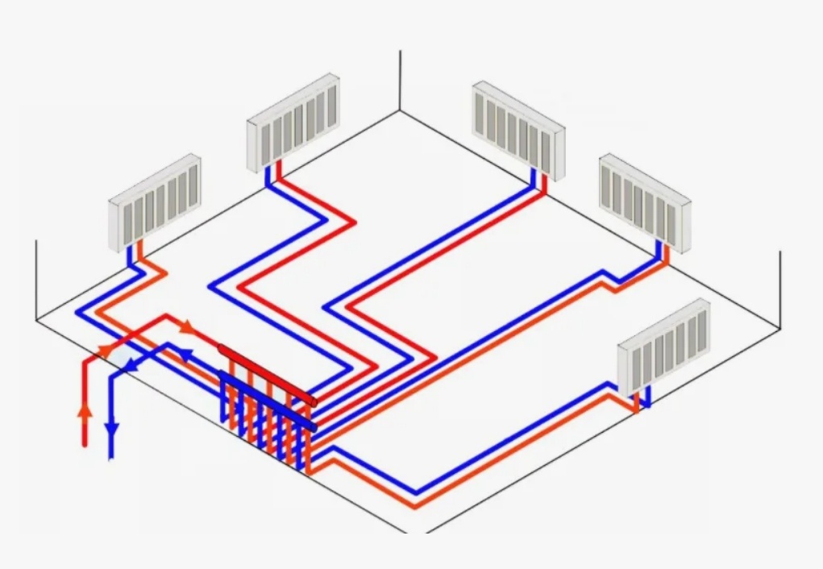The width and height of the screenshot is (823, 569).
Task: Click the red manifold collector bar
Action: [266, 374]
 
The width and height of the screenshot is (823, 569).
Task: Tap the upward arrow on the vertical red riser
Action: [84, 411]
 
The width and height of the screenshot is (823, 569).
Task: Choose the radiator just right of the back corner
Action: [518, 129]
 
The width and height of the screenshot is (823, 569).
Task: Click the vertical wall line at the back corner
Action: [401, 81]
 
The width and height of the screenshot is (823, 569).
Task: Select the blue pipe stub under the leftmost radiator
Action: [131, 256]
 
